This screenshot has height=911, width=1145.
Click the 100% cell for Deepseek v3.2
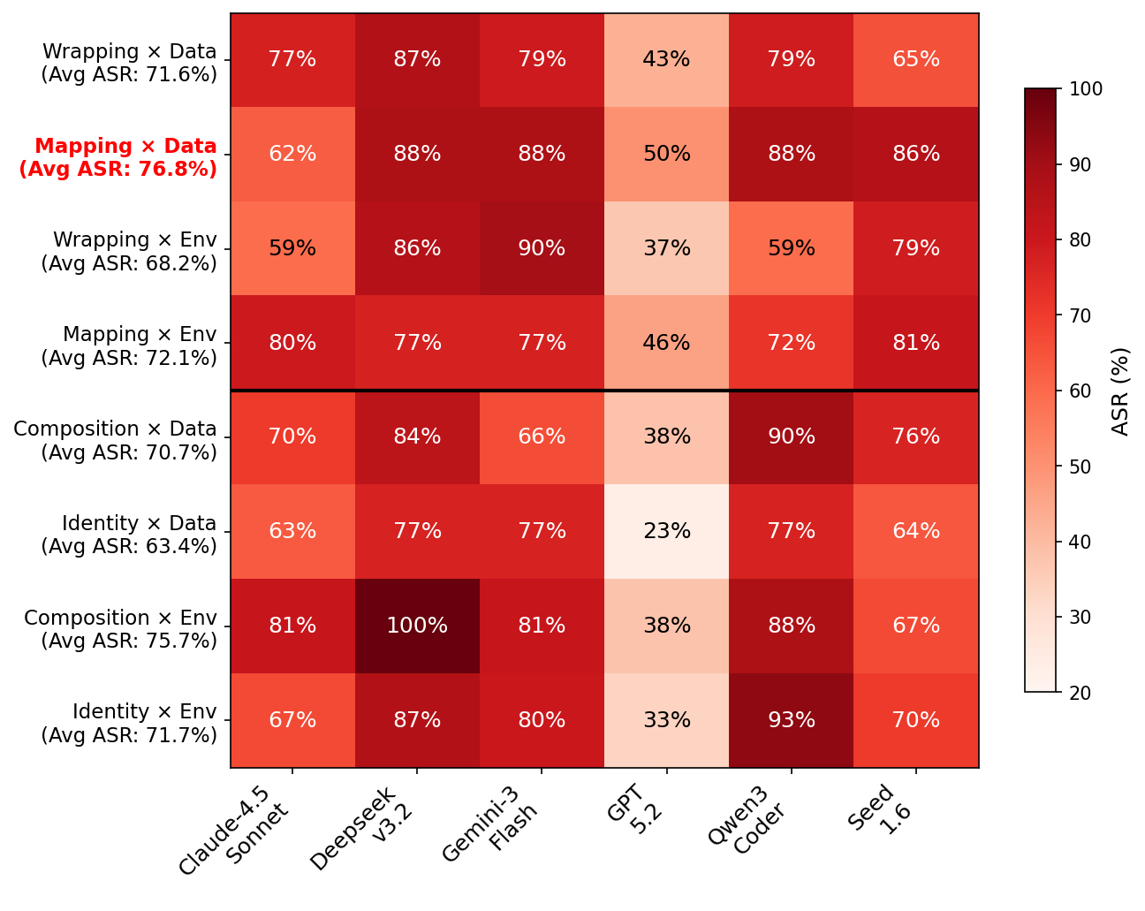coord(417,626)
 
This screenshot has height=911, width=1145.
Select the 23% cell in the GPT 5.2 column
coord(666,531)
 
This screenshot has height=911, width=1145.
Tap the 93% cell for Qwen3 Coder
coord(791,720)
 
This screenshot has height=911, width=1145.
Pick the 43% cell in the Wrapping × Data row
coord(666,59)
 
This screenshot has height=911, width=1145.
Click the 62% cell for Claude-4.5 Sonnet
coord(292,154)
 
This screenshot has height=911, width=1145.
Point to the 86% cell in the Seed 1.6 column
coord(915,154)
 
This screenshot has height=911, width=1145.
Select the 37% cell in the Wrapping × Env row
coord(666,248)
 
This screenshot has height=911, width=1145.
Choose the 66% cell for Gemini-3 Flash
coord(542,437)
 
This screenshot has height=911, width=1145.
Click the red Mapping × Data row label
coord(118,157)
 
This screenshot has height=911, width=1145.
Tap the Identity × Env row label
coord(129,723)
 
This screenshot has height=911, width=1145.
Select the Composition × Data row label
coord(115,440)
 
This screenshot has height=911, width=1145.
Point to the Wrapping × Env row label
coord(129,251)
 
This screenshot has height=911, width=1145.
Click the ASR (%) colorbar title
coord(1120,391)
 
